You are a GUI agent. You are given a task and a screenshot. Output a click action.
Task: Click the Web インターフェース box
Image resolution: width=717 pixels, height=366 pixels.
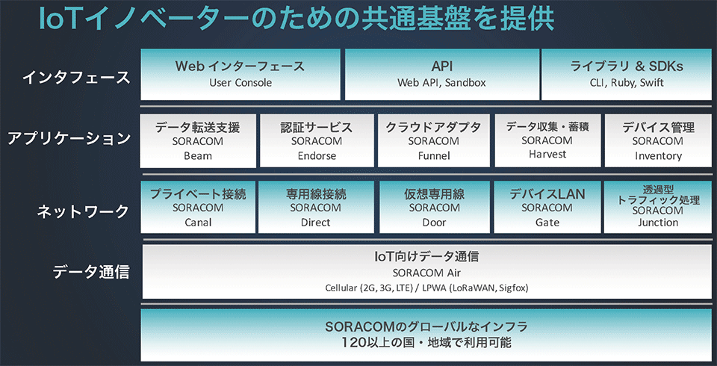point(240,74)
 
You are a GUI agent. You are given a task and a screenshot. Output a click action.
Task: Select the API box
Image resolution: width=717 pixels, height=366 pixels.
point(441,74)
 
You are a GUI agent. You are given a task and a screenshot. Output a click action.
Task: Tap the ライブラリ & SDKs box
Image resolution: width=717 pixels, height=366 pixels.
point(627,74)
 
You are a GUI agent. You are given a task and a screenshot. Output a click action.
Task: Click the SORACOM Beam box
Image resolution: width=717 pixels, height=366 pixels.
point(198,141)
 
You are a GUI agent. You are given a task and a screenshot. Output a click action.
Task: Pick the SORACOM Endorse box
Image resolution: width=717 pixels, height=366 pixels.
point(317,141)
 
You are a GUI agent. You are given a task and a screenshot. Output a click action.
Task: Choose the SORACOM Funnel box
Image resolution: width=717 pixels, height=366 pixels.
point(434,141)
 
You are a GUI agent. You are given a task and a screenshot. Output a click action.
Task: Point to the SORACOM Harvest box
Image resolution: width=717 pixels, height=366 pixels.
point(547,141)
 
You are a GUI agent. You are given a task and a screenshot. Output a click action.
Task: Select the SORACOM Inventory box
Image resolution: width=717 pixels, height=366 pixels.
point(659,141)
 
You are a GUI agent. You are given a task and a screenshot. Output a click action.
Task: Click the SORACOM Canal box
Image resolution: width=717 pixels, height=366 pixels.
point(198,207)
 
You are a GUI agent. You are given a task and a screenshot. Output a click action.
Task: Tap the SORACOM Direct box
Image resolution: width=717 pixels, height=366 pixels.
point(316,207)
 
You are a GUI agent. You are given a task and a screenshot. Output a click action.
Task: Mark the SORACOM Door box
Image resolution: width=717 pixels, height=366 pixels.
point(435,207)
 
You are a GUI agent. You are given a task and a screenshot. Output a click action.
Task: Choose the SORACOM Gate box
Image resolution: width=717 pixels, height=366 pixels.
point(547,207)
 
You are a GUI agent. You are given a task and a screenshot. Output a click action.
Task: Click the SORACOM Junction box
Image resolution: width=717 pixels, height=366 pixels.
point(658,207)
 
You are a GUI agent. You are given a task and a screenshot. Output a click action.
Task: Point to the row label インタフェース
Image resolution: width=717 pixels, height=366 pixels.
point(76,78)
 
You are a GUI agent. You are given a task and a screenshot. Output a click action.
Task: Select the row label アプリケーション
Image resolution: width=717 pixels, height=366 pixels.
point(69,139)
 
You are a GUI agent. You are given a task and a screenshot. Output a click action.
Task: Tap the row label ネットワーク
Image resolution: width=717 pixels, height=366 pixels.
point(83,211)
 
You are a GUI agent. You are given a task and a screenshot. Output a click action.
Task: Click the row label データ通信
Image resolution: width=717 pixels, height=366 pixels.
point(90,272)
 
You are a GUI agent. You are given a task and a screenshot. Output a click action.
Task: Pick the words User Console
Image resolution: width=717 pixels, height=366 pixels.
point(240,83)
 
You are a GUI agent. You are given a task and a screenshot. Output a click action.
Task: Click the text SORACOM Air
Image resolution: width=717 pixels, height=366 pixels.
point(426,273)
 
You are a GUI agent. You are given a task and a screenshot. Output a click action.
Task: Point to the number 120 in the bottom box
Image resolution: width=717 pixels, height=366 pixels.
point(354,342)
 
